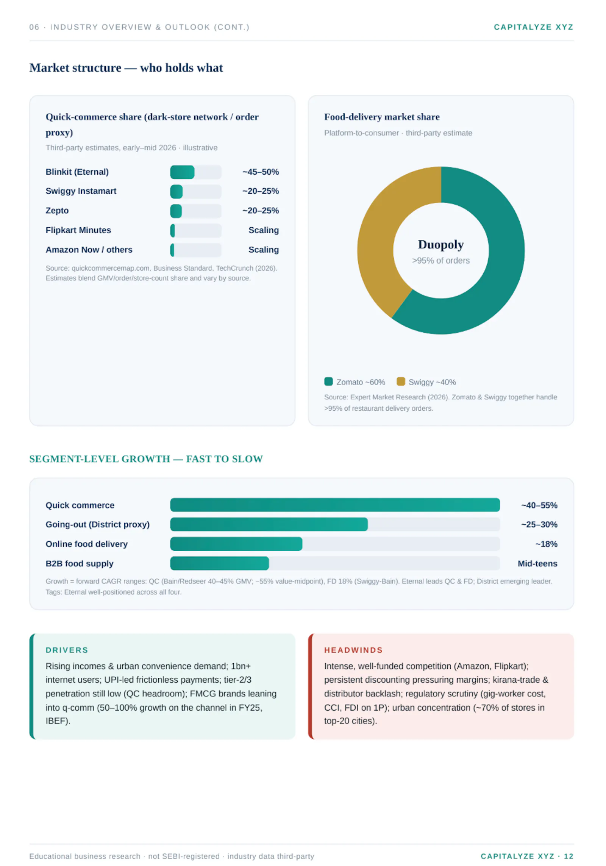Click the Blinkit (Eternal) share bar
click(x=182, y=172)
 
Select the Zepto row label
click(x=57, y=211)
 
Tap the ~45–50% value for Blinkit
click(x=261, y=172)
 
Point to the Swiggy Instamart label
click(x=81, y=191)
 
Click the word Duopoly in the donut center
click(x=441, y=245)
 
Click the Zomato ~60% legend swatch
click(x=328, y=381)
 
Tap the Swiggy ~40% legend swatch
click(x=401, y=381)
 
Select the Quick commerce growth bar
click(x=335, y=505)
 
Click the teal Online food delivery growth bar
click(x=236, y=544)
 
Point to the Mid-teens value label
click(x=537, y=564)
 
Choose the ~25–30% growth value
click(x=539, y=525)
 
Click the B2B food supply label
click(x=80, y=564)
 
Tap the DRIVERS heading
click(x=67, y=650)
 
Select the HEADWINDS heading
click(x=353, y=650)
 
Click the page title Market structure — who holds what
click(x=126, y=68)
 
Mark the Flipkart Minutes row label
click(x=78, y=230)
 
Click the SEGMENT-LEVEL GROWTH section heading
click(x=146, y=459)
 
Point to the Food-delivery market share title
click(x=382, y=117)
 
